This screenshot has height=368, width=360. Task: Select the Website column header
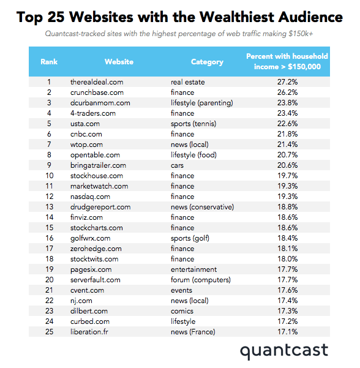click(119, 62)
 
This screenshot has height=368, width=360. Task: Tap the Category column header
click(207, 62)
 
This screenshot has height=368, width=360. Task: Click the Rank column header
click(49, 62)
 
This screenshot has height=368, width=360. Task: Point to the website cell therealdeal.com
click(97, 82)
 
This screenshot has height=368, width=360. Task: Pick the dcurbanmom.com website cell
click(100, 103)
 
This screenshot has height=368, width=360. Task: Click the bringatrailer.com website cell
click(98, 165)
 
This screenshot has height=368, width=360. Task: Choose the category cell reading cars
click(178, 165)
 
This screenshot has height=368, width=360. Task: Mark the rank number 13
click(49, 207)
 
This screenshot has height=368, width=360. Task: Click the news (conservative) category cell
click(202, 207)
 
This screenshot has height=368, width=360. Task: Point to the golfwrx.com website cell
click(91, 238)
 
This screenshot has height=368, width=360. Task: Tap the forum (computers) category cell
click(200, 280)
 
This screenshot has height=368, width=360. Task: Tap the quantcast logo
click(283, 351)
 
